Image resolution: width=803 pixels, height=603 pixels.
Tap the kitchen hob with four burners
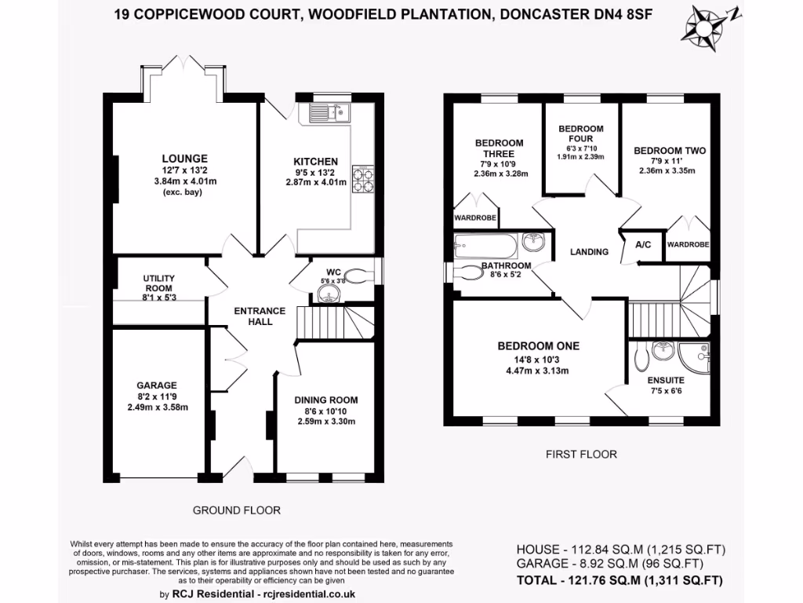(363, 178)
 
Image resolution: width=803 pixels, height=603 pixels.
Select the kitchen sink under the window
(332, 111)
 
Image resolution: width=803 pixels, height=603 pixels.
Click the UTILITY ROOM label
(158, 279)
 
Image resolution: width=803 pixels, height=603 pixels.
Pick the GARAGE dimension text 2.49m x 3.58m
(157, 407)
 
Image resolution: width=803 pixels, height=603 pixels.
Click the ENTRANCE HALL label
(253, 316)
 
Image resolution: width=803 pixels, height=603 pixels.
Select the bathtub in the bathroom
(485, 247)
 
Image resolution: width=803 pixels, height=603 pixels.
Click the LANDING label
(589, 252)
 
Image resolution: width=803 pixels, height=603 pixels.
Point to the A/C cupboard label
(643, 245)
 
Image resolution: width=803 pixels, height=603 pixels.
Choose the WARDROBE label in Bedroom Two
(688, 245)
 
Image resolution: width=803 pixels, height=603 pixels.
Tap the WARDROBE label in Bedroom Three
(476, 219)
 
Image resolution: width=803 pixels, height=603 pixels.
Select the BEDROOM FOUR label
(581, 133)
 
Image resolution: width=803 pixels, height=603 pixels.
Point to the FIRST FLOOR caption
(581, 454)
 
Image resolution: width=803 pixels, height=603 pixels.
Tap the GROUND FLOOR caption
(237, 510)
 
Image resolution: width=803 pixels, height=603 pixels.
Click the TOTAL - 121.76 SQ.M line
(620, 581)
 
